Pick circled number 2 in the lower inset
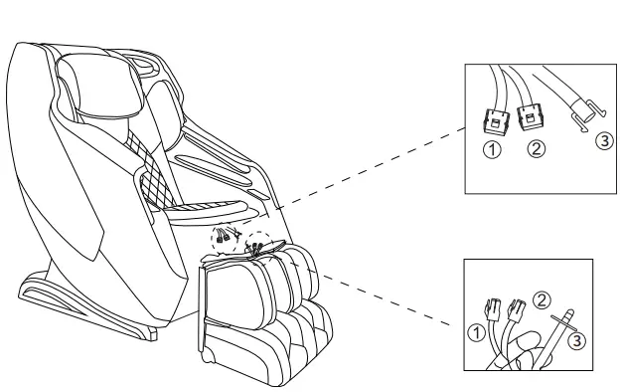(543, 297)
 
